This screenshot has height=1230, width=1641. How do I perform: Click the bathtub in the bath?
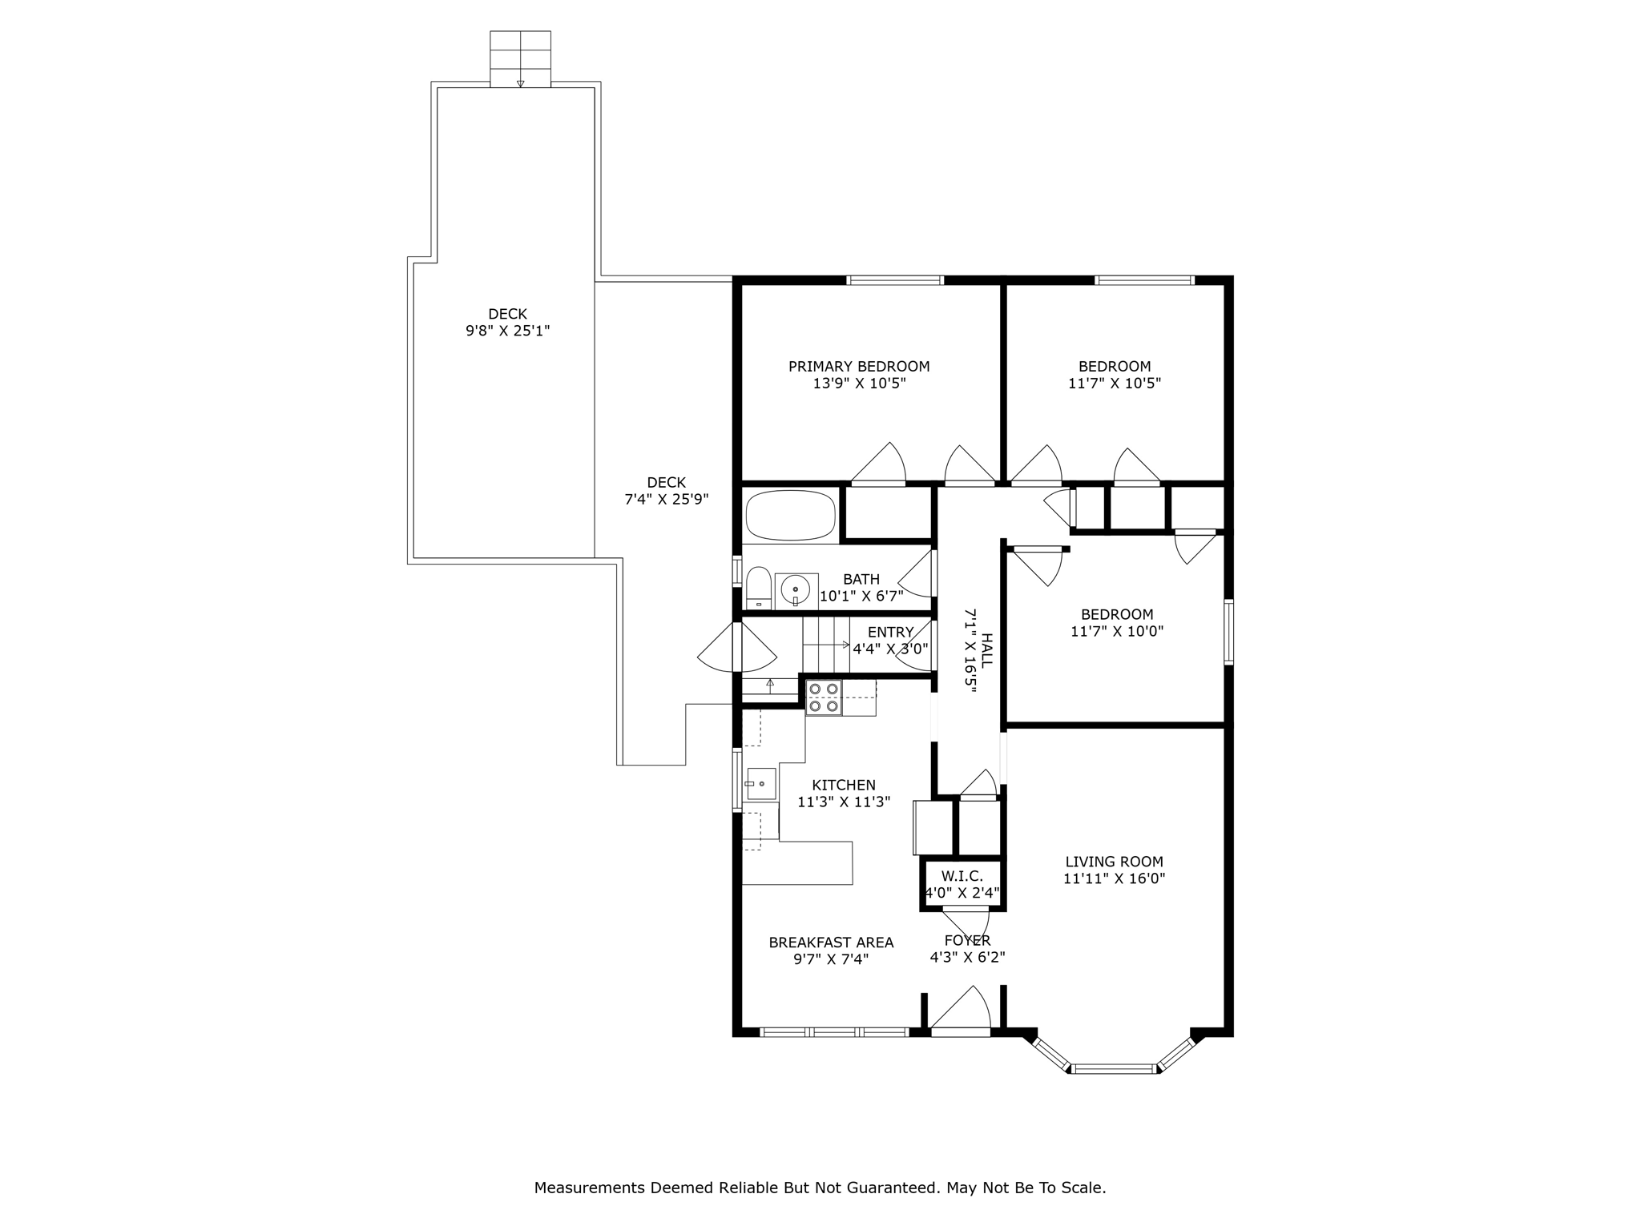tap(791, 516)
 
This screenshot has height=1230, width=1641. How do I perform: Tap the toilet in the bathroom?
tap(758, 588)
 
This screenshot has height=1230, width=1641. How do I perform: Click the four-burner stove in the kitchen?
tap(824, 697)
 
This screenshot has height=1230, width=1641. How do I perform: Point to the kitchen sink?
tap(760, 784)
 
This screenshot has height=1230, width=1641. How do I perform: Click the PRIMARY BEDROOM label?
tap(859, 367)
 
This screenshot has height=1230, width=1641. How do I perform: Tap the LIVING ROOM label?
tap(1114, 862)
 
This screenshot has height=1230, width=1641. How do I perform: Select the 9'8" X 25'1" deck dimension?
tap(508, 331)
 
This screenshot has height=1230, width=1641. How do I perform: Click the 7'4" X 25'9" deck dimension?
tap(667, 500)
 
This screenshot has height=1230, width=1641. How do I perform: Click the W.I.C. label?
tap(962, 876)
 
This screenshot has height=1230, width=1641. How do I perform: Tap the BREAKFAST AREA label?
tap(831, 943)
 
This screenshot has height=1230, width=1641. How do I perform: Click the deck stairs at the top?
tap(520, 58)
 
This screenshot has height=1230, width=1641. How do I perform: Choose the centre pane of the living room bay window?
tap(1114, 1068)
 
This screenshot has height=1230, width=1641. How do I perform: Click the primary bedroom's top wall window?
tap(895, 280)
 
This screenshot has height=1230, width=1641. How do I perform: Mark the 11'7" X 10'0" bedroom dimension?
tap(1117, 631)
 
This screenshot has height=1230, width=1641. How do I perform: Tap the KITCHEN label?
tap(844, 785)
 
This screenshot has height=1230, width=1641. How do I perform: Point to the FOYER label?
tap(967, 940)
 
